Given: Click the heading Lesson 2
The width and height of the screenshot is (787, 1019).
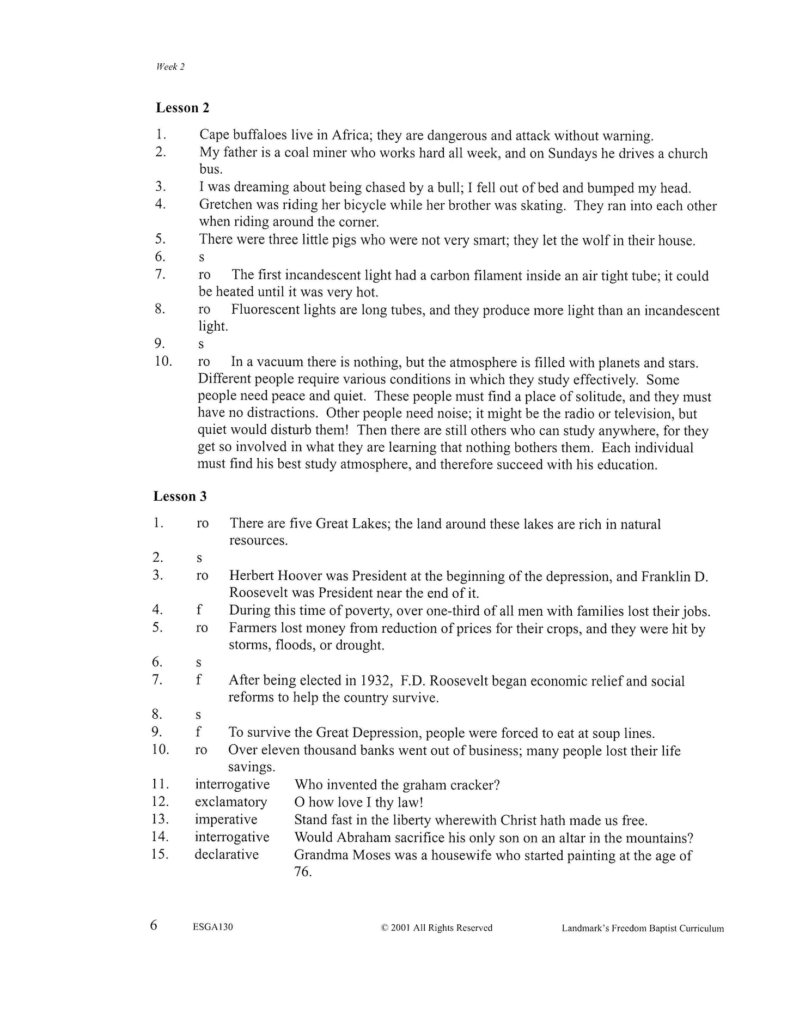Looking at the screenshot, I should coord(182,108).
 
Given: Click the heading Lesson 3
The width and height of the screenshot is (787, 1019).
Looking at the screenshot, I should coord(180,496).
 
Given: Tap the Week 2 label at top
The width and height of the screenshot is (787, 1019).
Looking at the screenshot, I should coord(170,67).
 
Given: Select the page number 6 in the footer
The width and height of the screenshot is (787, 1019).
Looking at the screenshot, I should coord(154,925).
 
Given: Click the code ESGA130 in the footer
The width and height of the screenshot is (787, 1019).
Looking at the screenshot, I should coord(213,927).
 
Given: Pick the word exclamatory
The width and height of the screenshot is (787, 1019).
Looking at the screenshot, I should coord(231,802).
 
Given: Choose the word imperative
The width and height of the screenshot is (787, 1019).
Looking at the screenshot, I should coord(226,820).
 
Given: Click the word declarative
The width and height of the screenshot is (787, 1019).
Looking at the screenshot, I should coord(227,854).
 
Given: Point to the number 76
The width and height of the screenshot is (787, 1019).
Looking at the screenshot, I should coord(302,872).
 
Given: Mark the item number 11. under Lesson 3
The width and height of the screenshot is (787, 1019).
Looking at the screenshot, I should coord(161,785).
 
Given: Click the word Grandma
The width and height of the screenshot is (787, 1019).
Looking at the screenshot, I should coord(319,855).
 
